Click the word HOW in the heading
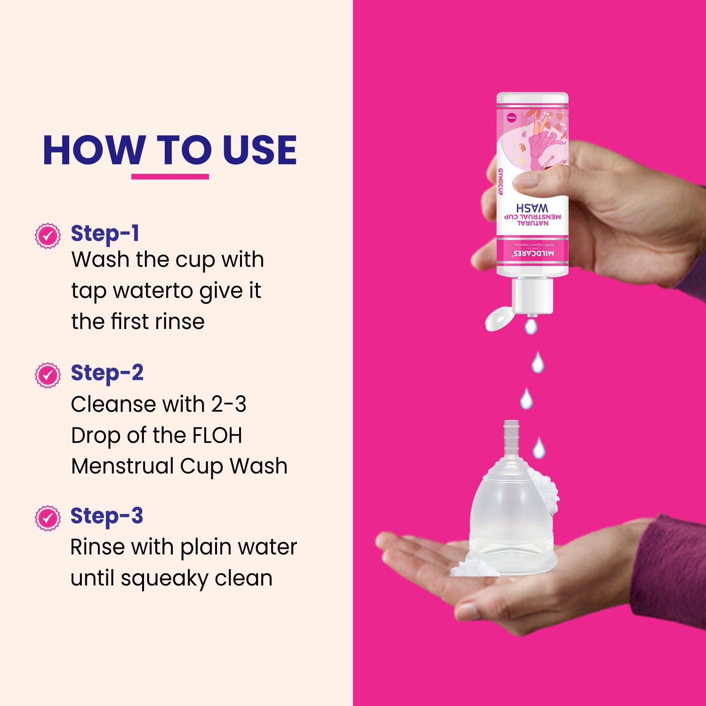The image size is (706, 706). point(93,151)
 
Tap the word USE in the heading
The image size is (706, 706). point(259,151)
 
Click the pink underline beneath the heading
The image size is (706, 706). point(170,176)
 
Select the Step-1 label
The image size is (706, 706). point(104,233)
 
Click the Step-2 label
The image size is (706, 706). point(107,373)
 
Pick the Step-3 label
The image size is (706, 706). point(106,516)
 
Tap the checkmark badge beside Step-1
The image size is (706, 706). point(48,236)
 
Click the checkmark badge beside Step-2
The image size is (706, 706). point(48,375)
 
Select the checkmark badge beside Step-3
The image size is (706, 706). point(48,518)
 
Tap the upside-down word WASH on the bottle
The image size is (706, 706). point(532,208)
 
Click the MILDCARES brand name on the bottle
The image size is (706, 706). point(533,254)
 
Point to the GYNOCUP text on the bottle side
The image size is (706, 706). point(501,182)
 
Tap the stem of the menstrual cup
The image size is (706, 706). point(511,438)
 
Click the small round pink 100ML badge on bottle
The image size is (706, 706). point(512,117)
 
